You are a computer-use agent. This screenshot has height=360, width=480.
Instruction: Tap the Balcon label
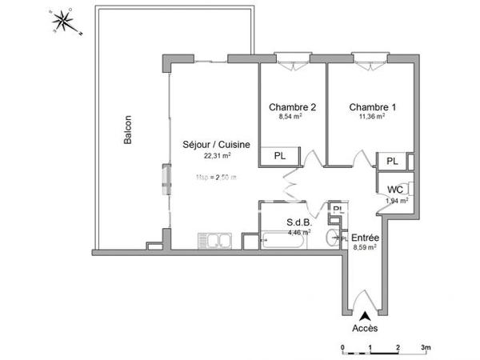point(127,133)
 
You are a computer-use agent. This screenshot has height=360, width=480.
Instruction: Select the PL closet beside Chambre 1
point(392,162)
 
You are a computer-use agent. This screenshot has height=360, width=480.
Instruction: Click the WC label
point(395,190)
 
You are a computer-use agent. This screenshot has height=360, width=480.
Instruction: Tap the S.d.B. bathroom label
point(299,223)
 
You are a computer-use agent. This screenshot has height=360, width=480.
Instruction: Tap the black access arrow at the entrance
point(365,314)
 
